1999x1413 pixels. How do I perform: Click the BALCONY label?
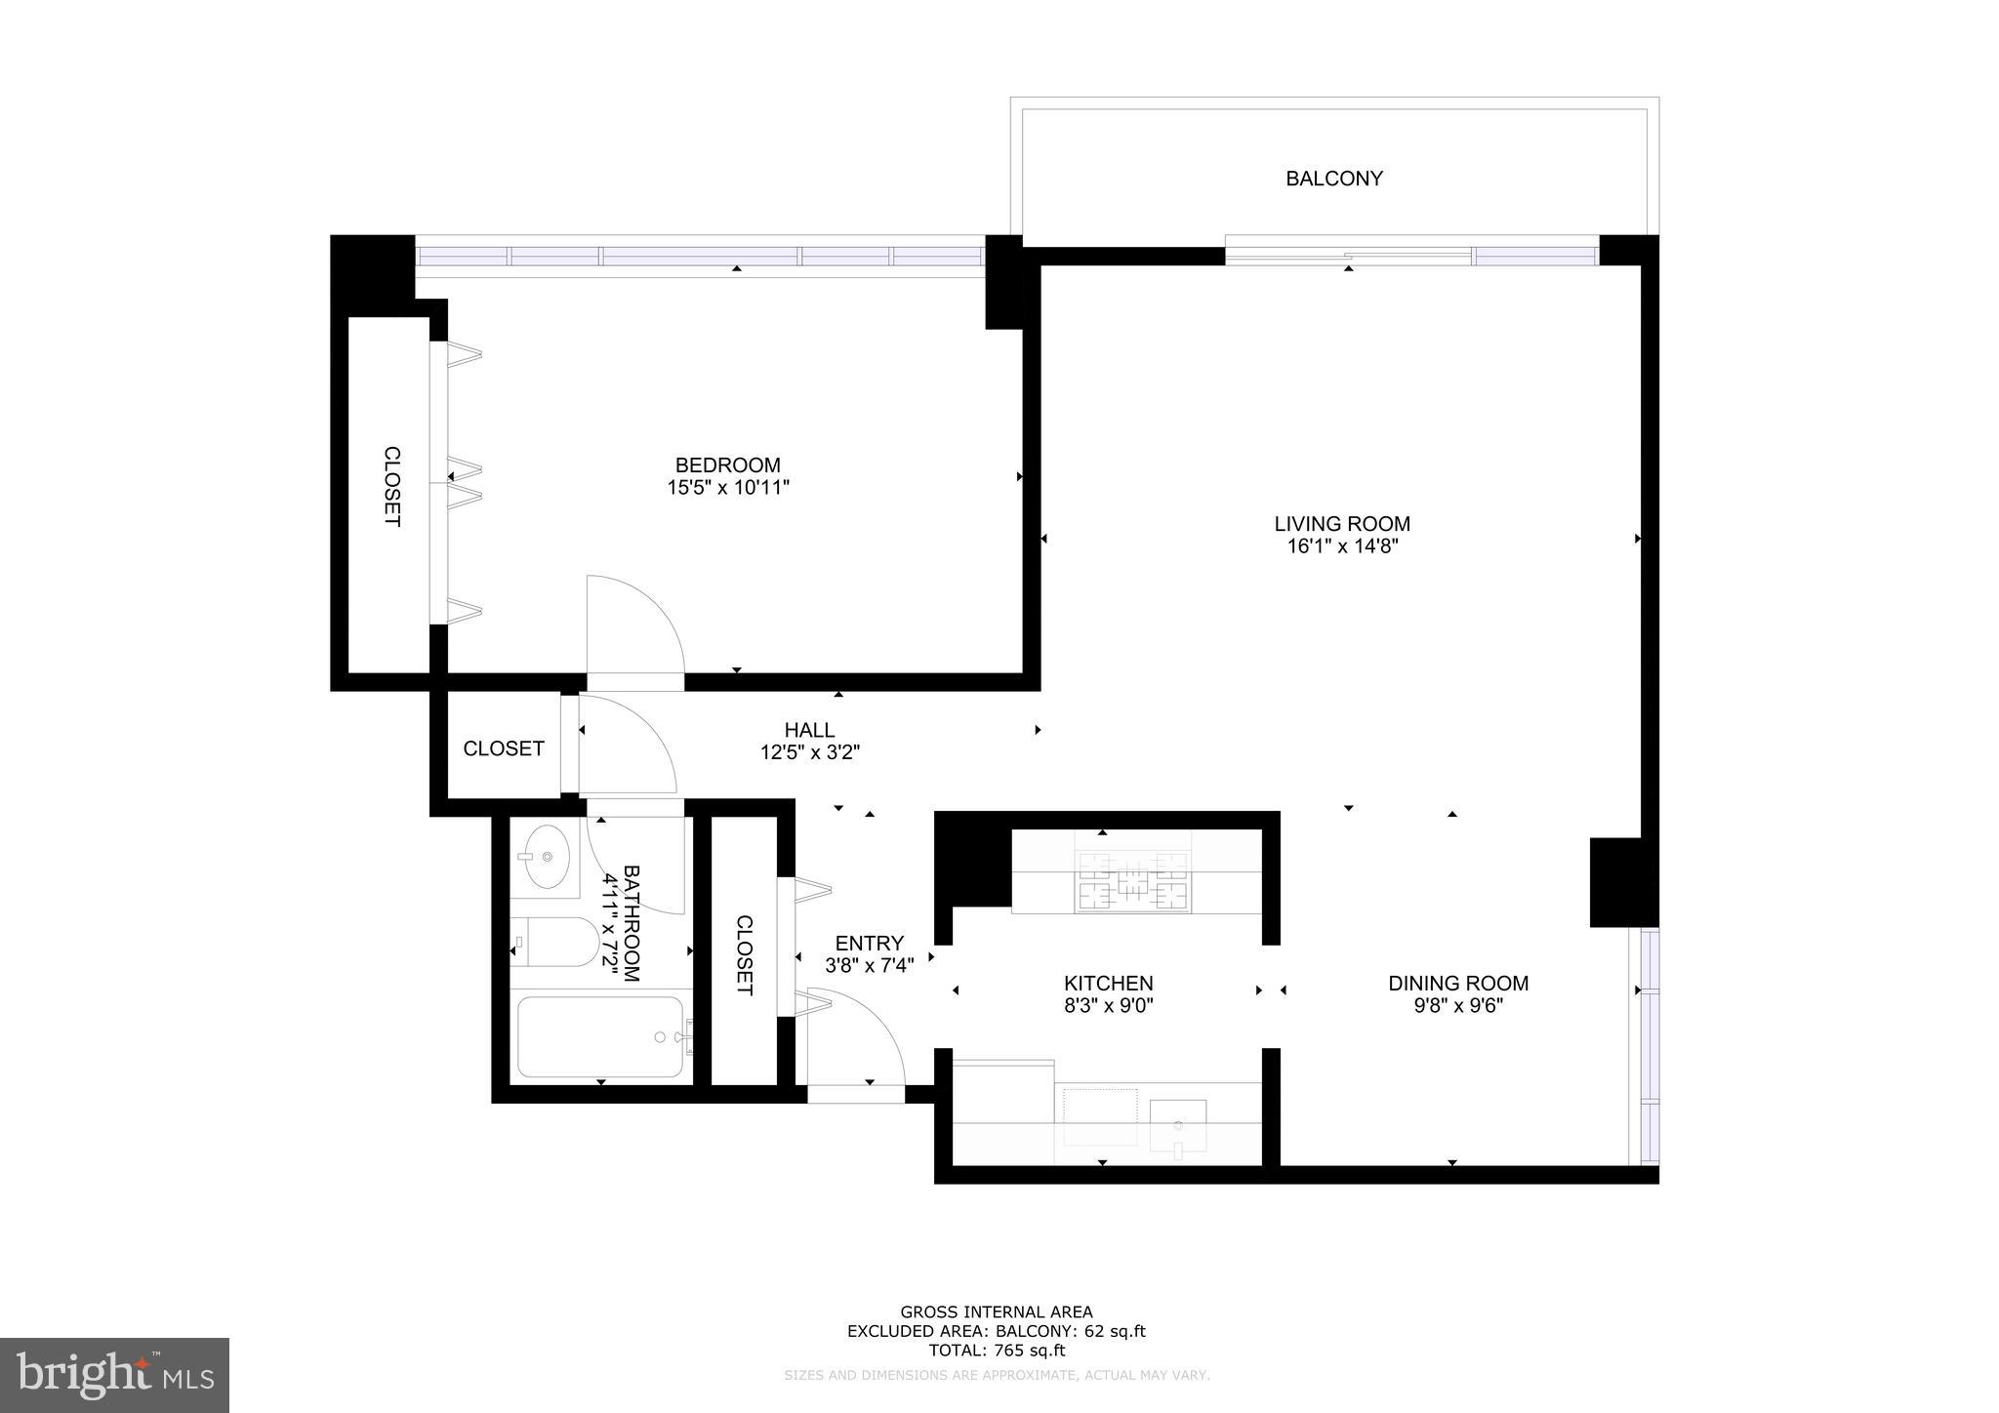1333,179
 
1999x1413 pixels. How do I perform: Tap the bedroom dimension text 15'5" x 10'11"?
727,488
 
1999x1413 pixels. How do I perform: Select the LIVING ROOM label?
1342,524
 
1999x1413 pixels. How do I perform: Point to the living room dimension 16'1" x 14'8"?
1342,547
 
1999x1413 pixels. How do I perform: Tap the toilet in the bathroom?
556,943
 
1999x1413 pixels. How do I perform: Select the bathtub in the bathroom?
600,1036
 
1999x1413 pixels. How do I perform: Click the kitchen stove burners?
1132,881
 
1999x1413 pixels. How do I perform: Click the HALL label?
809,730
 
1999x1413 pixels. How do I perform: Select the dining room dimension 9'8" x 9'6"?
1458,1006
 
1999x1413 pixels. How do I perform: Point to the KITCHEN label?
1108,984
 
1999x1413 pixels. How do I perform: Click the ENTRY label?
869,944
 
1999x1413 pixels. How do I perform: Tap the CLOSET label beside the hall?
504,748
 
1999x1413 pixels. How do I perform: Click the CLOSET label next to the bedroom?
391,486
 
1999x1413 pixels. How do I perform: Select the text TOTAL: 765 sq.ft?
996,1351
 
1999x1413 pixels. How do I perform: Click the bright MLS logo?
114,1375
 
